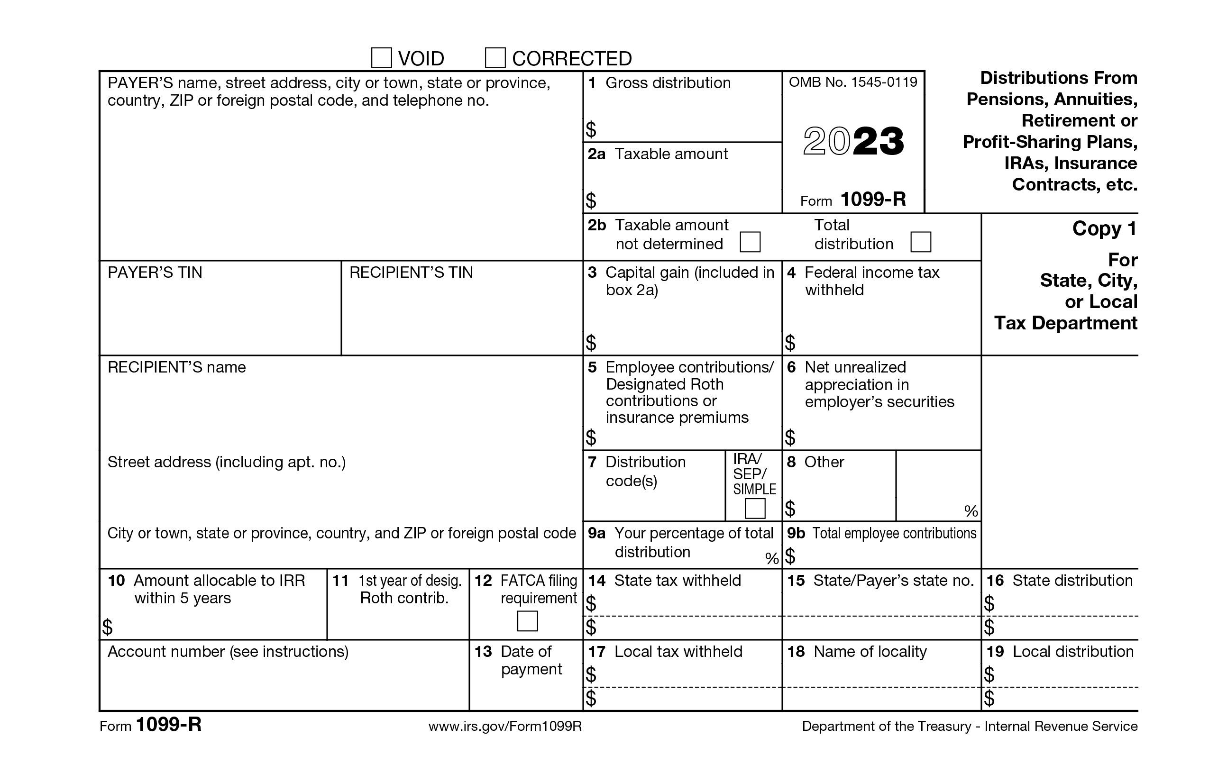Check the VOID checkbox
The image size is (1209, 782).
382,58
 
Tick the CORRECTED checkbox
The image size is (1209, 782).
495,58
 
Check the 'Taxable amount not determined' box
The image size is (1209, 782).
750,242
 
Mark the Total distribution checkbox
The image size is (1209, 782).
920,242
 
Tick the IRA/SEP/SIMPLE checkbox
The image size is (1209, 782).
754,508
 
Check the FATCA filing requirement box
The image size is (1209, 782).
527,621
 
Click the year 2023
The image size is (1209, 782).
853,141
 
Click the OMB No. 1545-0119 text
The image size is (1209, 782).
853,82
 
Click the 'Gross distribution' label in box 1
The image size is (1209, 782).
668,83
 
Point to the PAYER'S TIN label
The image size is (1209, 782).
155,273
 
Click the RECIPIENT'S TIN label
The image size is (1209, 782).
411,273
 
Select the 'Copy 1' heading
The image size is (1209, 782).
1104,228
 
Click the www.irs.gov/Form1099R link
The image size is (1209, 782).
505,726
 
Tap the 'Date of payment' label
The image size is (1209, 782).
531,660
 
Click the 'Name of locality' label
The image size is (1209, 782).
870,652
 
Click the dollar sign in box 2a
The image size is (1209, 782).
591,200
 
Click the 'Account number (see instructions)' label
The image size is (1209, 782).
228,652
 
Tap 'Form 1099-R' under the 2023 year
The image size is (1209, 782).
853,200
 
